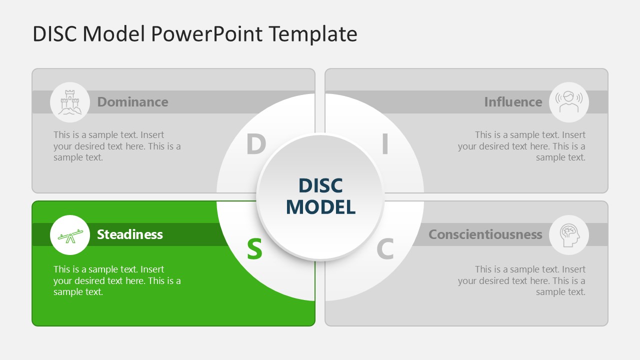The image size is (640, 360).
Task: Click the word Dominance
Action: [x=132, y=102]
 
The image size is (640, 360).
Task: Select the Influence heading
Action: [x=513, y=102]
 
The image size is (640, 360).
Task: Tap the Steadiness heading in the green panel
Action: [x=130, y=234]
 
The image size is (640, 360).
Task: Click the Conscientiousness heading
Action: [x=485, y=234]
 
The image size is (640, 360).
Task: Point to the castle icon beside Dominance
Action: [x=70, y=102]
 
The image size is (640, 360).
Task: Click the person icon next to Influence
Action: [x=569, y=102]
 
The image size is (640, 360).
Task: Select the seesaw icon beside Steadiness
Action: [x=70, y=235]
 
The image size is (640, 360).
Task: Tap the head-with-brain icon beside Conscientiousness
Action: [x=569, y=235]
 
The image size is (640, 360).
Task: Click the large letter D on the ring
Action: [x=255, y=145]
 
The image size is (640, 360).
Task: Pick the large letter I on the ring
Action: [x=385, y=145]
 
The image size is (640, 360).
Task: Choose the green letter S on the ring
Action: [x=254, y=248]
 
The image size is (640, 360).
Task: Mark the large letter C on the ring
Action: [x=385, y=248]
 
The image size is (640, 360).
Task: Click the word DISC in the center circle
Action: [x=320, y=186]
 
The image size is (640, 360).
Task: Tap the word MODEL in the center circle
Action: [x=320, y=207]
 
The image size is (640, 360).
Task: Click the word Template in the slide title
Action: [x=312, y=34]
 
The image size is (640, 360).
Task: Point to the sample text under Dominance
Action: [x=117, y=146]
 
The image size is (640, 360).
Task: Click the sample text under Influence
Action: [x=521, y=146]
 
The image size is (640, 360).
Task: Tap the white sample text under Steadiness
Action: [x=117, y=280]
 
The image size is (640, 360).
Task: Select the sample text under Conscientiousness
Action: [x=521, y=280]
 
